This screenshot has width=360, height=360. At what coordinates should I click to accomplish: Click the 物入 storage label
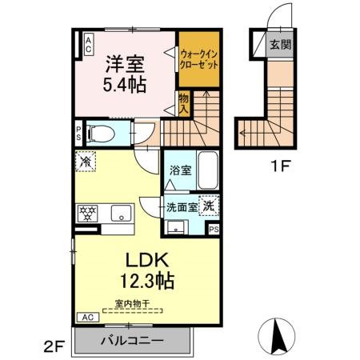[x=183, y=102]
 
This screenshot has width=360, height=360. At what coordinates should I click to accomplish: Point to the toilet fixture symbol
[x=99, y=133]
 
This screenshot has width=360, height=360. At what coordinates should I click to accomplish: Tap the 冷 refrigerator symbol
[x=85, y=162]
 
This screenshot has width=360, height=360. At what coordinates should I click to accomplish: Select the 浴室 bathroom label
[x=179, y=170]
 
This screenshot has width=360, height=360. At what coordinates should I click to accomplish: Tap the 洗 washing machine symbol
[x=208, y=205]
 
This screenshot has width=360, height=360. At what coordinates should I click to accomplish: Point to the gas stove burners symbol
[x=86, y=213]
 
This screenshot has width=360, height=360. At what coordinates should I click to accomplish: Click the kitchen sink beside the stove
[x=122, y=213]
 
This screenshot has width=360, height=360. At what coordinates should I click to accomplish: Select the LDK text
[x=144, y=260]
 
